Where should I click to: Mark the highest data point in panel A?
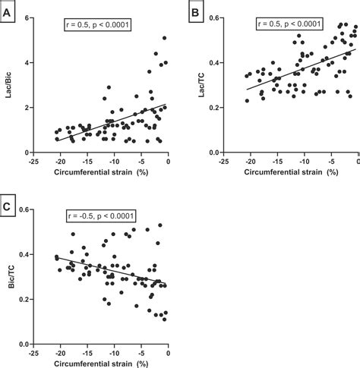165,38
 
